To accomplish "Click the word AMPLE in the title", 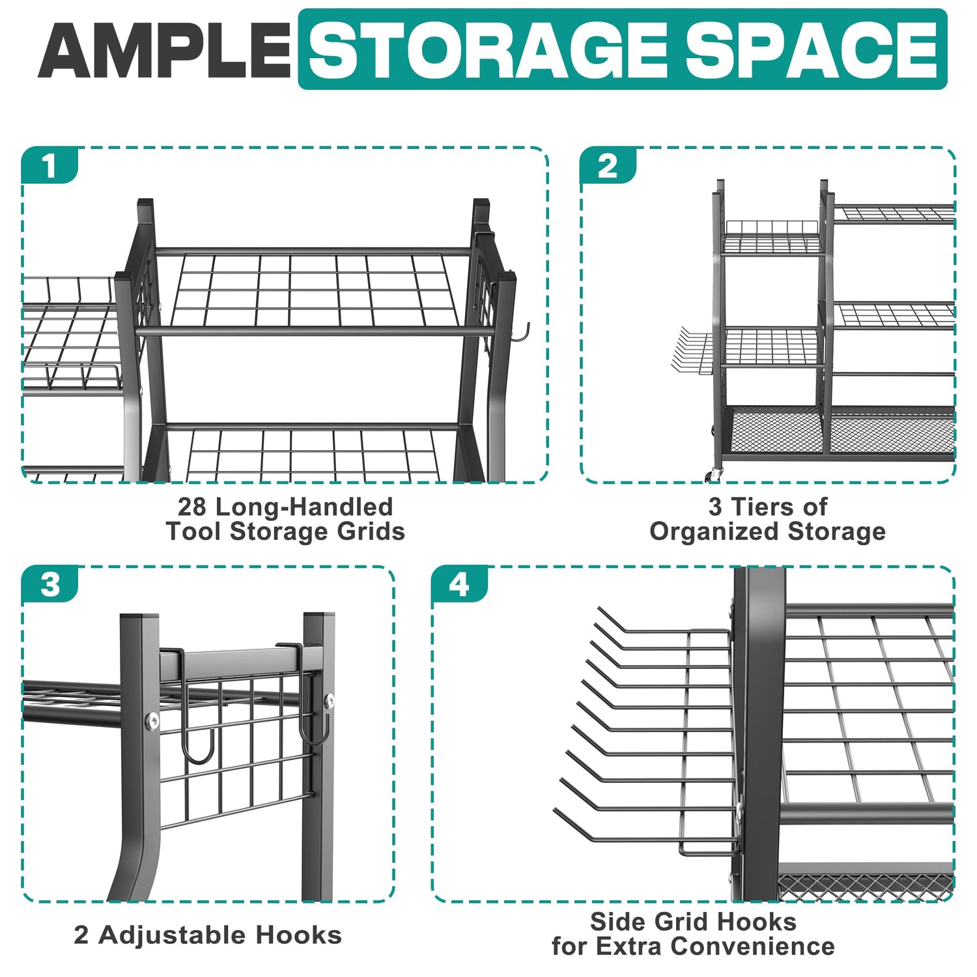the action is click(x=164, y=50).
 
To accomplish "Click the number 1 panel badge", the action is click(x=50, y=166).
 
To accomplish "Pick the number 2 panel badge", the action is click(x=608, y=166).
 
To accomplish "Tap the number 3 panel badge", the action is click(x=50, y=584).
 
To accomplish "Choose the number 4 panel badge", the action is click(x=459, y=584).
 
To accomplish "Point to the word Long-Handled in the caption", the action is click(x=304, y=507).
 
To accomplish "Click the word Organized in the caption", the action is click(x=715, y=532).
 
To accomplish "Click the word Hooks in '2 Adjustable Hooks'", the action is click(x=298, y=935).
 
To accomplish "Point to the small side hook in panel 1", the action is click(x=521, y=332).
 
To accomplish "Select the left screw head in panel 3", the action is click(x=152, y=720).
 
